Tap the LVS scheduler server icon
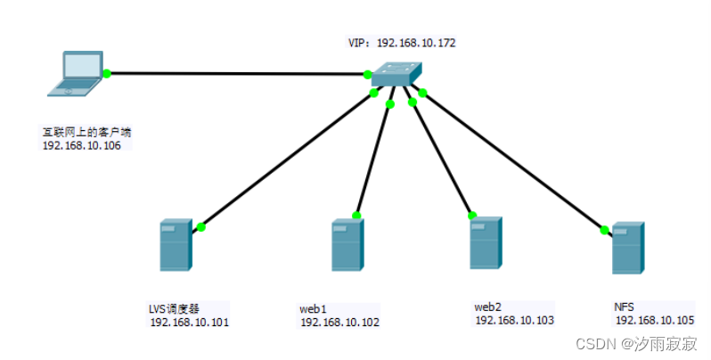(x=176, y=245)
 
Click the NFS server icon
(x=628, y=248)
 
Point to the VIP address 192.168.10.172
(x=418, y=42)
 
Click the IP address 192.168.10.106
(x=82, y=145)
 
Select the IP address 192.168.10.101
(x=189, y=323)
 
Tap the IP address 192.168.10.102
(x=339, y=323)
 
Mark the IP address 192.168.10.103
(x=514, y=319)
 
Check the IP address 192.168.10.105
(x=655, y=320)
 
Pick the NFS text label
(x=625, y=307)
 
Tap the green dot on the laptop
(x=106, y=73)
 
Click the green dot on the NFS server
(x=605, y=230)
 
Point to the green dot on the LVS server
(x=201, y=227)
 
